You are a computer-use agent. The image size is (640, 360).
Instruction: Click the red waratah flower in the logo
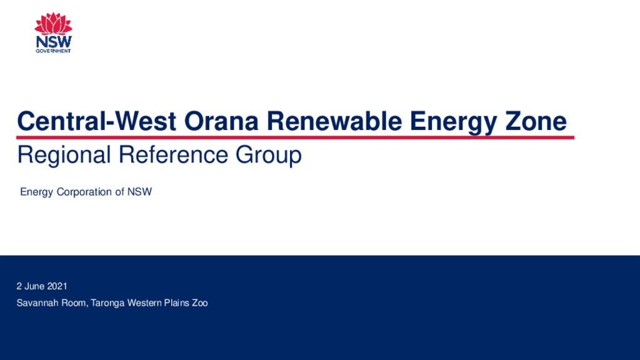(x=53, y=24)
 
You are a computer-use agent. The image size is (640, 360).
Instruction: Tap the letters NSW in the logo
(x=54, y=42)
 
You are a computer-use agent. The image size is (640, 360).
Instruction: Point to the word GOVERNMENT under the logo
(x=54, y=51)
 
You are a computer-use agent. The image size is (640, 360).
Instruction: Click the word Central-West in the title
(x=96, y=121)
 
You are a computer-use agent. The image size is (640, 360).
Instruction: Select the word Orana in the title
(x=221, y=121)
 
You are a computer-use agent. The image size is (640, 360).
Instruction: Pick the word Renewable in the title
(x=334, y=121)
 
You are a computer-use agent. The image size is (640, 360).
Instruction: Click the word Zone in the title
(x=536, y=121)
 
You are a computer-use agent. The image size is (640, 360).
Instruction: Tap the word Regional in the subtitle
(x=64, y=155)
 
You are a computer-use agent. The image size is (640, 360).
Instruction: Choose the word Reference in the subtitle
(x=172, y=155)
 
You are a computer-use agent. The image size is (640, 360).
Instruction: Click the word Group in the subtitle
(x=269, y=156)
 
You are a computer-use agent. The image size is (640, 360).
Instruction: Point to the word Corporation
(x=84, y=192)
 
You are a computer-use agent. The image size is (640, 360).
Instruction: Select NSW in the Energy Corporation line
(x=139, y=192)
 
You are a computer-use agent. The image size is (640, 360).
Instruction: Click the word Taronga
(x=107, y=303)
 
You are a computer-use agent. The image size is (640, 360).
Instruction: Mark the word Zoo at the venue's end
(x=200, y=303)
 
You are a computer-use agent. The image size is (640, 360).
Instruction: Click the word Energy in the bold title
(x=454, y=122)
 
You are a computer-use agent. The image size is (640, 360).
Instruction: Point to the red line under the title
(x=295, y=137)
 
